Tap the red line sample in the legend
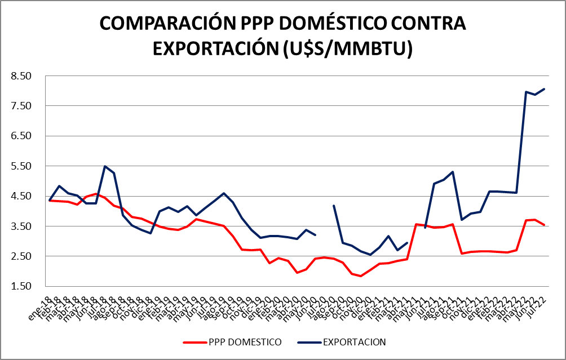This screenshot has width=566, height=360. (x=194, y=342)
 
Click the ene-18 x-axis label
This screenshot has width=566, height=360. (x=42, y=305)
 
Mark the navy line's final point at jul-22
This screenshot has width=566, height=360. (x=544, y=89)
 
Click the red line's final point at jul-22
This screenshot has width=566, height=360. (x=544, y=225)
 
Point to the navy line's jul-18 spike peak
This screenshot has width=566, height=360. (x=105, y=166)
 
